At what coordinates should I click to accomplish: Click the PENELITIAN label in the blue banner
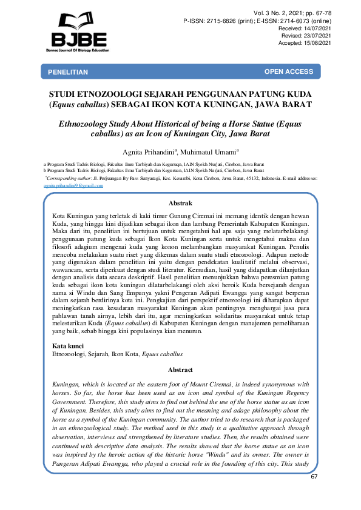pos(68,72)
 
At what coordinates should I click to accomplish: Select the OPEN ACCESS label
pos(288,71)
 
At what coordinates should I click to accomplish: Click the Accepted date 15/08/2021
pos(314,42)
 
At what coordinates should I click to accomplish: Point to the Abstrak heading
pos(180,204)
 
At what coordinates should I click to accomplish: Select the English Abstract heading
pos(180,369)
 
